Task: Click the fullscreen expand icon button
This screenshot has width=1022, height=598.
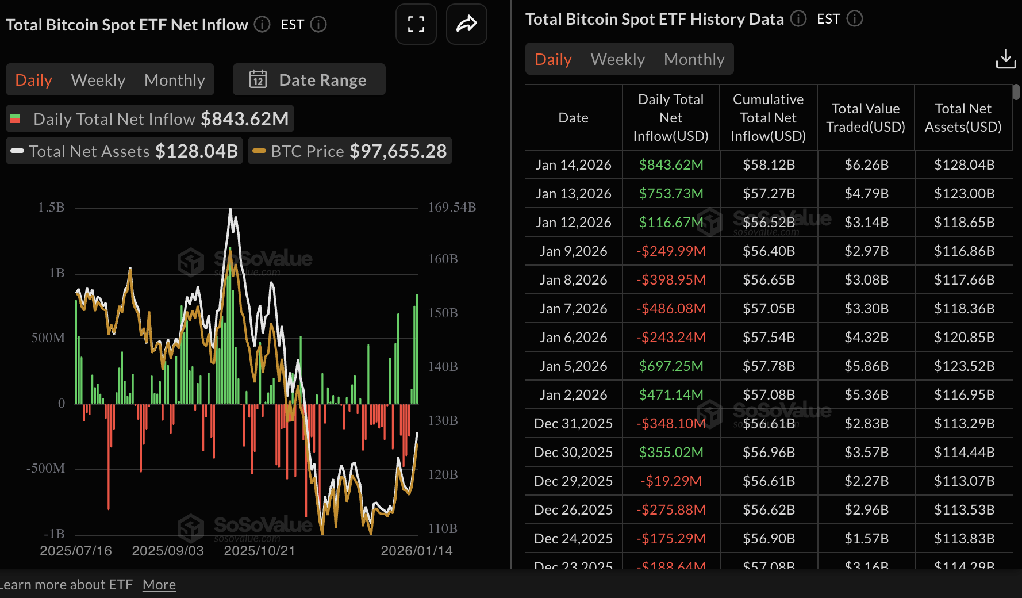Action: click(416, 24)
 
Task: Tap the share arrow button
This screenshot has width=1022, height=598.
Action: click(466, 24)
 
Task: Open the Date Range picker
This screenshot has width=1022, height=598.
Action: click(309, 80)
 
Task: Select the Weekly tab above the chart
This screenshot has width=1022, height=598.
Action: click(98, 80)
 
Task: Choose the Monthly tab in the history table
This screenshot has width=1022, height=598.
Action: click(694, 59)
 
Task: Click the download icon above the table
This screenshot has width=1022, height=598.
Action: click(1005, 59)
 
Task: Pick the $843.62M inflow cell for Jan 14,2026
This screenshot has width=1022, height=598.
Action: click(671, 165)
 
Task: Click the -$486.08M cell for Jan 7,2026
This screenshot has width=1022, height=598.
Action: click(671, 309)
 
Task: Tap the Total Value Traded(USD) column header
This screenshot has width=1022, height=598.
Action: click(865, 118)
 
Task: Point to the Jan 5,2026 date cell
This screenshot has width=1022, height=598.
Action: click(573, 366)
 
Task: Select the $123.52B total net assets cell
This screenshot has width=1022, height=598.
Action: click(963, 366)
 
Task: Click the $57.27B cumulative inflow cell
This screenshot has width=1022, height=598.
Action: click(768, 194)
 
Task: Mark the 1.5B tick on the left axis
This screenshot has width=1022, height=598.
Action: click(51, 208)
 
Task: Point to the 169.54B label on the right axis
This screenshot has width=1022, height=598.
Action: click(452, 208)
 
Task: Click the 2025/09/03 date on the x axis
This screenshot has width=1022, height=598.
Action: click(168, 551)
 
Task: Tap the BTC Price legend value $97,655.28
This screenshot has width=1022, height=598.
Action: click(398, 151)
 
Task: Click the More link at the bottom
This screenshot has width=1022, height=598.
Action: click(159, 585)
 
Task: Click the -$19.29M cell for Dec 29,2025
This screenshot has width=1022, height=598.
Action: click(671, 481)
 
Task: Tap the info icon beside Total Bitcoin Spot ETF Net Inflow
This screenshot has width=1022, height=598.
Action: click(262, 25)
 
